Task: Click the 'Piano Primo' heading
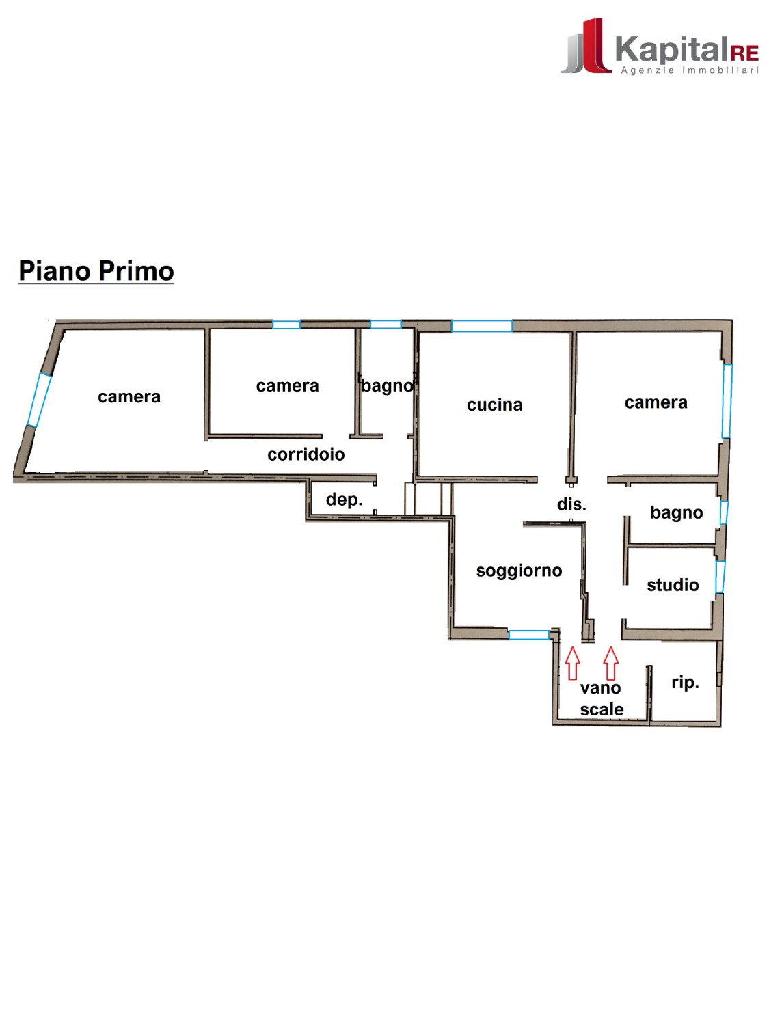pyautogui.click(x=96, y=271)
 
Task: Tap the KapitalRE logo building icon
pyautogui.click(x=586, y=46)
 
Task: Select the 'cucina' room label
pyautogui.click(x=494, y=405)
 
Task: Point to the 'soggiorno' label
pyautogui.click(x=519, y=571)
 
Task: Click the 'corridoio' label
pyautogui.click(x=306, y=454)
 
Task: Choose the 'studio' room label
pyautogui.click(x=673, y=585)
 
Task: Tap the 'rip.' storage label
pyautogui.click(x=685, y=683)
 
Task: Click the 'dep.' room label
pyautogui.click(x=344, y=500)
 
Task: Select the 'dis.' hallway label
pyautogui.click(x=571, y=504)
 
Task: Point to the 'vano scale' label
pyautogui.click(x=602, y=698)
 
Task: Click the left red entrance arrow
pyautogui.click(x=572, y=663)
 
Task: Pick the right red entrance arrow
pyautogui.click(x=610, y=663)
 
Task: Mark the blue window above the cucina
pyautogui.click(x=482, y=326)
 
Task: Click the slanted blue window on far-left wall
pyautogui.click(x=38, y=400)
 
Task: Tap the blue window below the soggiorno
pyautogui.click(x=528, y=635)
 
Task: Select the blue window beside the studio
pyautogui.click(x=720, y=577)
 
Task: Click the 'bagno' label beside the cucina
pyautogui.click(x=387, y=385)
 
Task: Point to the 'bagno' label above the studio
pyautogui.click(x=677, y=512)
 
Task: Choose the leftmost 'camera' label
pyautogui.click(x=129, y=397)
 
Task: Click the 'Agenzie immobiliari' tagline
pyautogui.click(x=690, y=70)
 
